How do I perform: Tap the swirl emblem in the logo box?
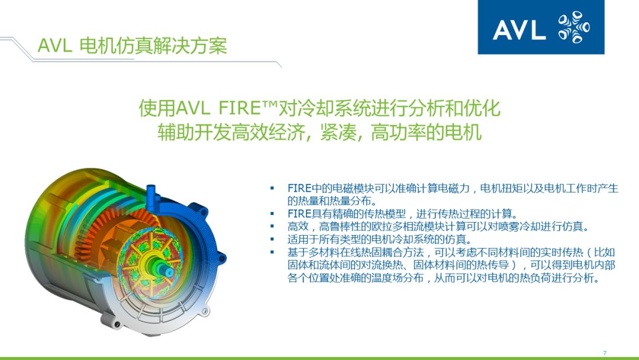coord(574,28)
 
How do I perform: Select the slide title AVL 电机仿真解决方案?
coord(132,46)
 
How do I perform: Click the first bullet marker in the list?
coord(273,189)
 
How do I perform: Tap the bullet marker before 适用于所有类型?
coord(273,240)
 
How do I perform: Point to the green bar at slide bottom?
coord(319,358)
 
